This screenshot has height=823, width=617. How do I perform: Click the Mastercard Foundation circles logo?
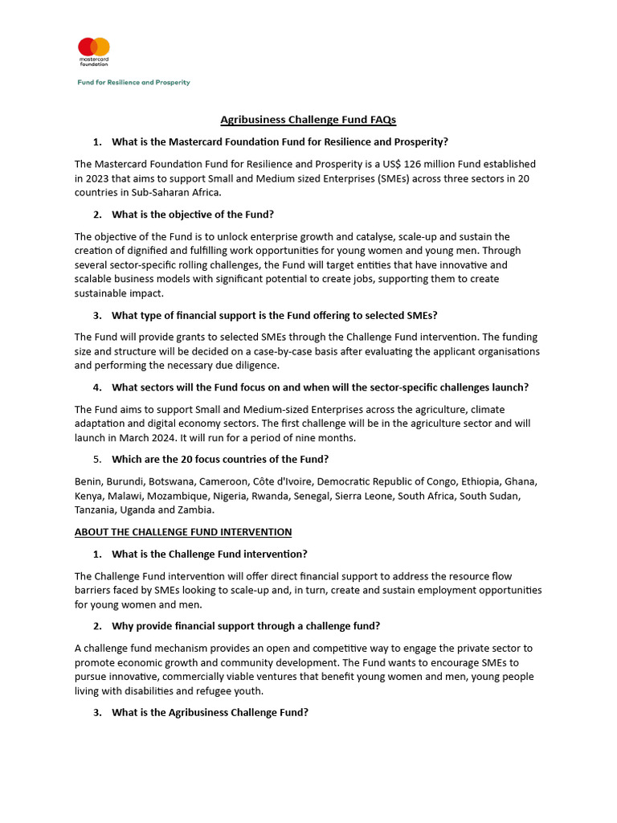94,47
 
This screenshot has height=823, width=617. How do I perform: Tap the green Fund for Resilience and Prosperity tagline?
133,82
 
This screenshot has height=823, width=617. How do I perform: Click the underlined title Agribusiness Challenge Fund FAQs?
308,120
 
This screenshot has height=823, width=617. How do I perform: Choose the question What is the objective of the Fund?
193,215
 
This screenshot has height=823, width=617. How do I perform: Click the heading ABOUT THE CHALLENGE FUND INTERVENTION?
183,532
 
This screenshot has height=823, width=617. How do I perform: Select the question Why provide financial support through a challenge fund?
246,626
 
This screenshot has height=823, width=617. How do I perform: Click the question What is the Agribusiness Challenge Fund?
210,713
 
